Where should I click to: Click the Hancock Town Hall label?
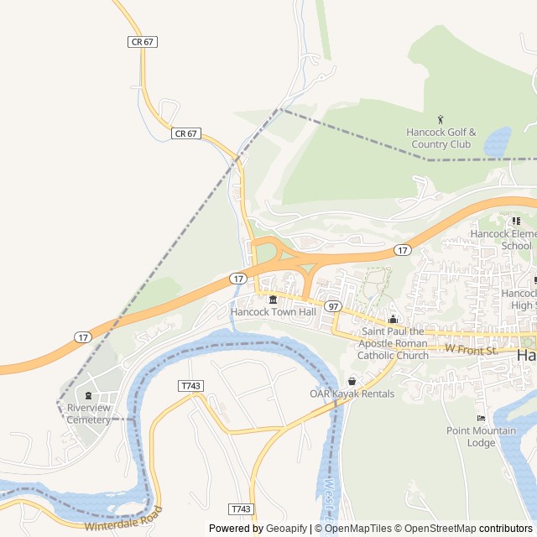[x=273, y=312]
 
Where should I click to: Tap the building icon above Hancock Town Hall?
[x=273, y=300]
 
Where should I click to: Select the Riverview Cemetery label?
[x=89, y=414]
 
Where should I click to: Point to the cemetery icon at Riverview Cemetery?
[x=89, y=395]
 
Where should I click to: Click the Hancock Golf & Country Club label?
[x=441, y=138]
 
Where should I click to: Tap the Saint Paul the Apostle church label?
[x=393, y=343]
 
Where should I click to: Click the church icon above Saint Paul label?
[x=393, y=319]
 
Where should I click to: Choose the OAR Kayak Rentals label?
[x=352, y=394]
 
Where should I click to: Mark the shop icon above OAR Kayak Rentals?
[x=352, y=382]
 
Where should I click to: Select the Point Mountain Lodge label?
[x=482, y=436]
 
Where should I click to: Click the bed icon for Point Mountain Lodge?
[x=481, y=418]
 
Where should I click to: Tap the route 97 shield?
[x=333, y=306]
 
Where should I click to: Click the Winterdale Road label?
[x=123, y=520]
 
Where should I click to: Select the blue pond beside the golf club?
[x=497, y=141]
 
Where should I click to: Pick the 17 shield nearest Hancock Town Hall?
[x=239, y=278]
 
